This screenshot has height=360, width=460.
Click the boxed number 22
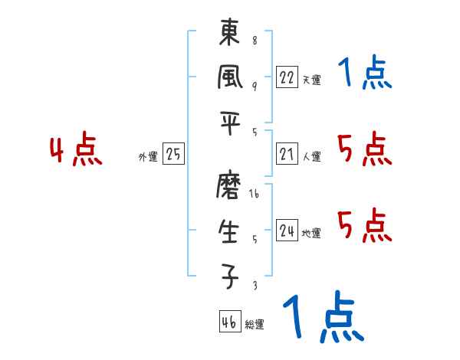(x=287, y=77)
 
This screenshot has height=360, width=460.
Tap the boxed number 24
(x=287, y=231)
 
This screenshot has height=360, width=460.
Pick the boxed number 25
(x=173, y=155)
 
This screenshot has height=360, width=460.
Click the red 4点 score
(x=76, y=151)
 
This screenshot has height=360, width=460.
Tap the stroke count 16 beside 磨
(x=254, y=195)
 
